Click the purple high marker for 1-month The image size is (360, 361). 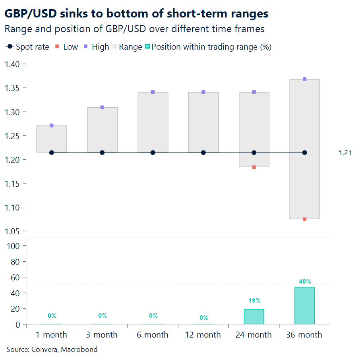coord(52,125)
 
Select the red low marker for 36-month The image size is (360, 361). coord(304,219)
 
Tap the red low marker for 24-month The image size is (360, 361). coord(254,167)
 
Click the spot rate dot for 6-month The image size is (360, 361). coord(153,153)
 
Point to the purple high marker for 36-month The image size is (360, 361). coord(304,79)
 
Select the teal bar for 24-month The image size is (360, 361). coord(254,317)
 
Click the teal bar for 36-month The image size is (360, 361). coord(304,305)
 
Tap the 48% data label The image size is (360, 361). coord(304,282)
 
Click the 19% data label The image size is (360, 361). coord(254,301)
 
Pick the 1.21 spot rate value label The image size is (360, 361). coord(345,153)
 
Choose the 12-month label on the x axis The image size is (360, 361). coord(203,335)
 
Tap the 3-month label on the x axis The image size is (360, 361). coord(102,335)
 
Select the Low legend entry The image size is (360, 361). coord(67,47)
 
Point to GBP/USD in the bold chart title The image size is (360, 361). coord(28,14)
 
